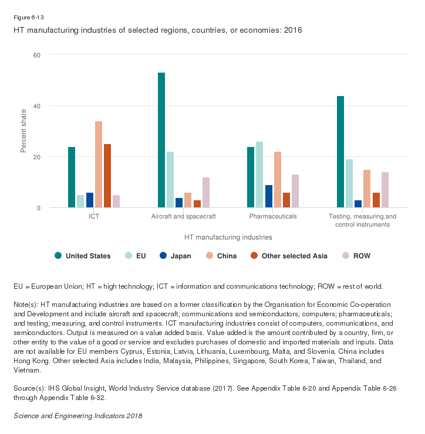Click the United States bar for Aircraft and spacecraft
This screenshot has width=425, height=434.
[161, 141]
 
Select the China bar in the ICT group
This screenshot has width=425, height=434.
[99, 165]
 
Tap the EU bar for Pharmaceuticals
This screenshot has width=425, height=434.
[259, 175]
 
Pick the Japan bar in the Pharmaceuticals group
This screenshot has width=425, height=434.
[268, 197]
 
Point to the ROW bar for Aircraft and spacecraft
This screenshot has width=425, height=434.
[206, 193]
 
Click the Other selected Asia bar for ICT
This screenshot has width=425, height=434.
[107, 176]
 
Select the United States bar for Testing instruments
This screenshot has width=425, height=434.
[340, 152]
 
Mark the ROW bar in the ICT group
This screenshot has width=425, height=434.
[116, 201]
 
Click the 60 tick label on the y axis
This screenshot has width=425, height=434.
[36, 55]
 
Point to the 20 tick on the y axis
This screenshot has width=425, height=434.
[36, 157]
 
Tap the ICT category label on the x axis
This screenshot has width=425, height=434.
[94, 216]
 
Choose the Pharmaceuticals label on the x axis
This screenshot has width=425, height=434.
[273, 216]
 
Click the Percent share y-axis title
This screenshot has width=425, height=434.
[24, 131]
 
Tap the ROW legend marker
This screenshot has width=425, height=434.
[346, 255]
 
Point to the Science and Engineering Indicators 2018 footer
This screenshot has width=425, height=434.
[77, 416]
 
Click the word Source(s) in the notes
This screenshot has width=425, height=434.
[28, 388]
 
